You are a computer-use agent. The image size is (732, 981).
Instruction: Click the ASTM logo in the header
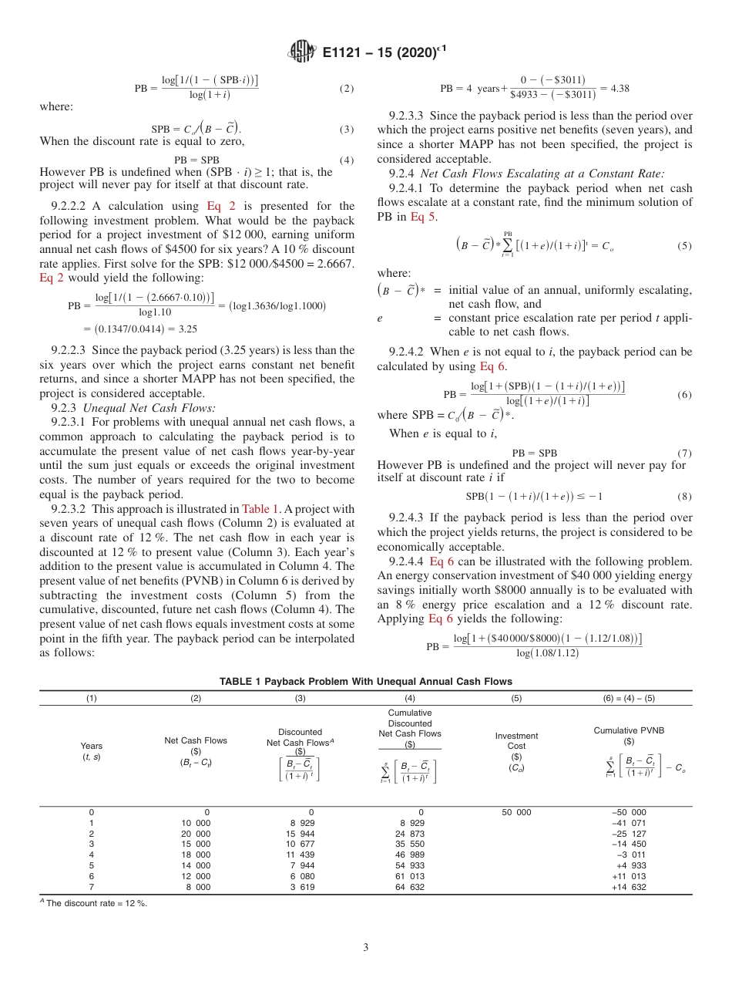(x=301, y=52)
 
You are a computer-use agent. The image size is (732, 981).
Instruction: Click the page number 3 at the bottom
(x=365, y=948)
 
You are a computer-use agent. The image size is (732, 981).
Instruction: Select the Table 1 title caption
(x=365, y=682)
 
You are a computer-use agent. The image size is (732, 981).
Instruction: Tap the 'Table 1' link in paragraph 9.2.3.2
(x=256, y=509)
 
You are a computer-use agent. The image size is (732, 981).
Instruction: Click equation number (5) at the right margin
(x=684, y=246)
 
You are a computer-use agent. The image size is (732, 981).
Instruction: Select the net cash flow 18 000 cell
(x=196, y=855)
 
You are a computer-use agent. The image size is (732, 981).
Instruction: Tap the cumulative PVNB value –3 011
(x=629, y=855)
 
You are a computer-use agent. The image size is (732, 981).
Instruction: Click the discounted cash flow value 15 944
(x=301, y=834)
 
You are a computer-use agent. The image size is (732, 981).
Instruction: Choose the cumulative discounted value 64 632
(x=410, y=888)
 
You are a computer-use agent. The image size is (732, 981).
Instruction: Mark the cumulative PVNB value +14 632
(x=629, y=888)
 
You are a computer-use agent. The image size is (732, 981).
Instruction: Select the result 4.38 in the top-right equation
(x=620, y=89)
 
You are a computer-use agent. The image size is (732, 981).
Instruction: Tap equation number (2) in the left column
(x=347, y=89)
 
